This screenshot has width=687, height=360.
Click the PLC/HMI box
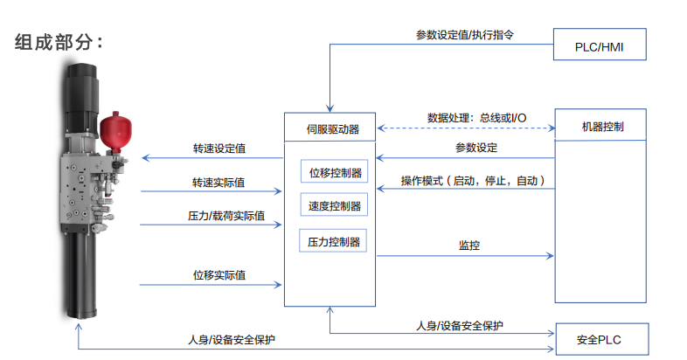[600, 45]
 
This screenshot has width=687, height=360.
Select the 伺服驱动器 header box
[330, 128]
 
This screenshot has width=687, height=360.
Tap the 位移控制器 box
[334, 172]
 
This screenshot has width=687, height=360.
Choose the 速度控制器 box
[334, 206]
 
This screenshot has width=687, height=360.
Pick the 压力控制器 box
[334, 241]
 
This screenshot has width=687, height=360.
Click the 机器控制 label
[601, 127]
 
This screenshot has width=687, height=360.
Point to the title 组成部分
[59, 43]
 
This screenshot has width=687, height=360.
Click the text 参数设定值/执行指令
[464, 36]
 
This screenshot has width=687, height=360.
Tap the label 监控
[469, 246]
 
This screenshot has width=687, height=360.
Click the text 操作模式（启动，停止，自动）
[473, 181]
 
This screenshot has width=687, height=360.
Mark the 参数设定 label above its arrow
[476, 147]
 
